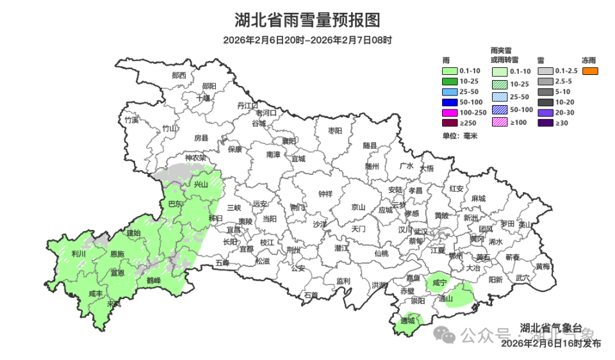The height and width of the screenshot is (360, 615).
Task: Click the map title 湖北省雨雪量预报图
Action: point(307,20)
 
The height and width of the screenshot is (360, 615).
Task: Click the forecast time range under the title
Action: point(307,40)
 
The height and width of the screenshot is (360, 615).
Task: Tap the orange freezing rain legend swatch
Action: point(590,70)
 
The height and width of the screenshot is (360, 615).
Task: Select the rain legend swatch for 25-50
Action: point(449,92)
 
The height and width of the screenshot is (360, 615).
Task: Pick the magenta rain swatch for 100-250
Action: point(449,112)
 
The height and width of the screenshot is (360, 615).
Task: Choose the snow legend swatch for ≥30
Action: point(545,123)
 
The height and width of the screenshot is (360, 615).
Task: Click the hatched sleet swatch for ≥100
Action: point(500,123)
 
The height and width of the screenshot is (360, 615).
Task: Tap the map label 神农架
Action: point(195,158)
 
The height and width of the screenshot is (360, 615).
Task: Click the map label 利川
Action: point(79,254)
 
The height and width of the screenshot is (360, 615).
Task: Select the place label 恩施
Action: point(117,254)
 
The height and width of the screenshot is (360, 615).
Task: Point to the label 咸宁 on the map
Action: point(439,282)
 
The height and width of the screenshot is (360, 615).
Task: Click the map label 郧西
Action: point(179,75)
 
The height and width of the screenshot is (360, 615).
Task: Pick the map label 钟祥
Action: point(325,194)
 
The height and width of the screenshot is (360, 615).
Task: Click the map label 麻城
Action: point(478,199)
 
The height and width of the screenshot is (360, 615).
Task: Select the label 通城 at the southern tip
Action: point(407,320)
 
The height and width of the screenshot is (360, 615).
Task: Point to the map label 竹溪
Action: point(131,120)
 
